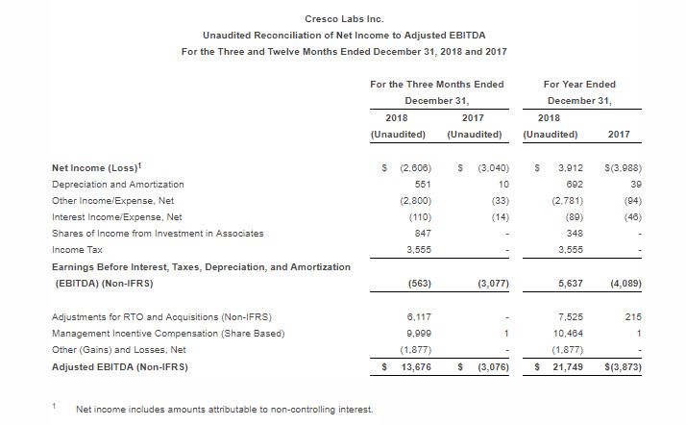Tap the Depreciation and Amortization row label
117,184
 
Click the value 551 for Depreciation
418,184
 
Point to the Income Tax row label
74,249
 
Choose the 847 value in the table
418,233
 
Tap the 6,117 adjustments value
416,316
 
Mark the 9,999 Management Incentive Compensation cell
415,333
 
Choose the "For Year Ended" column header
579,85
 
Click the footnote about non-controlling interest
225,409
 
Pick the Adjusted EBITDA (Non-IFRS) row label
119,366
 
